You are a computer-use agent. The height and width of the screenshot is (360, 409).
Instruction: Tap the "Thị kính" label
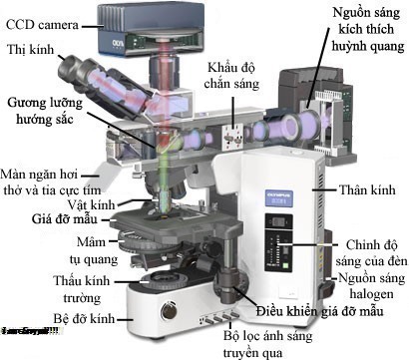point(31,47)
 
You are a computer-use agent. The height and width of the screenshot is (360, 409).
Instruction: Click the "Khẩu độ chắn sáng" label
point(234,76)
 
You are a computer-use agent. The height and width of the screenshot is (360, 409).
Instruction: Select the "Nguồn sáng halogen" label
point(371,287)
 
